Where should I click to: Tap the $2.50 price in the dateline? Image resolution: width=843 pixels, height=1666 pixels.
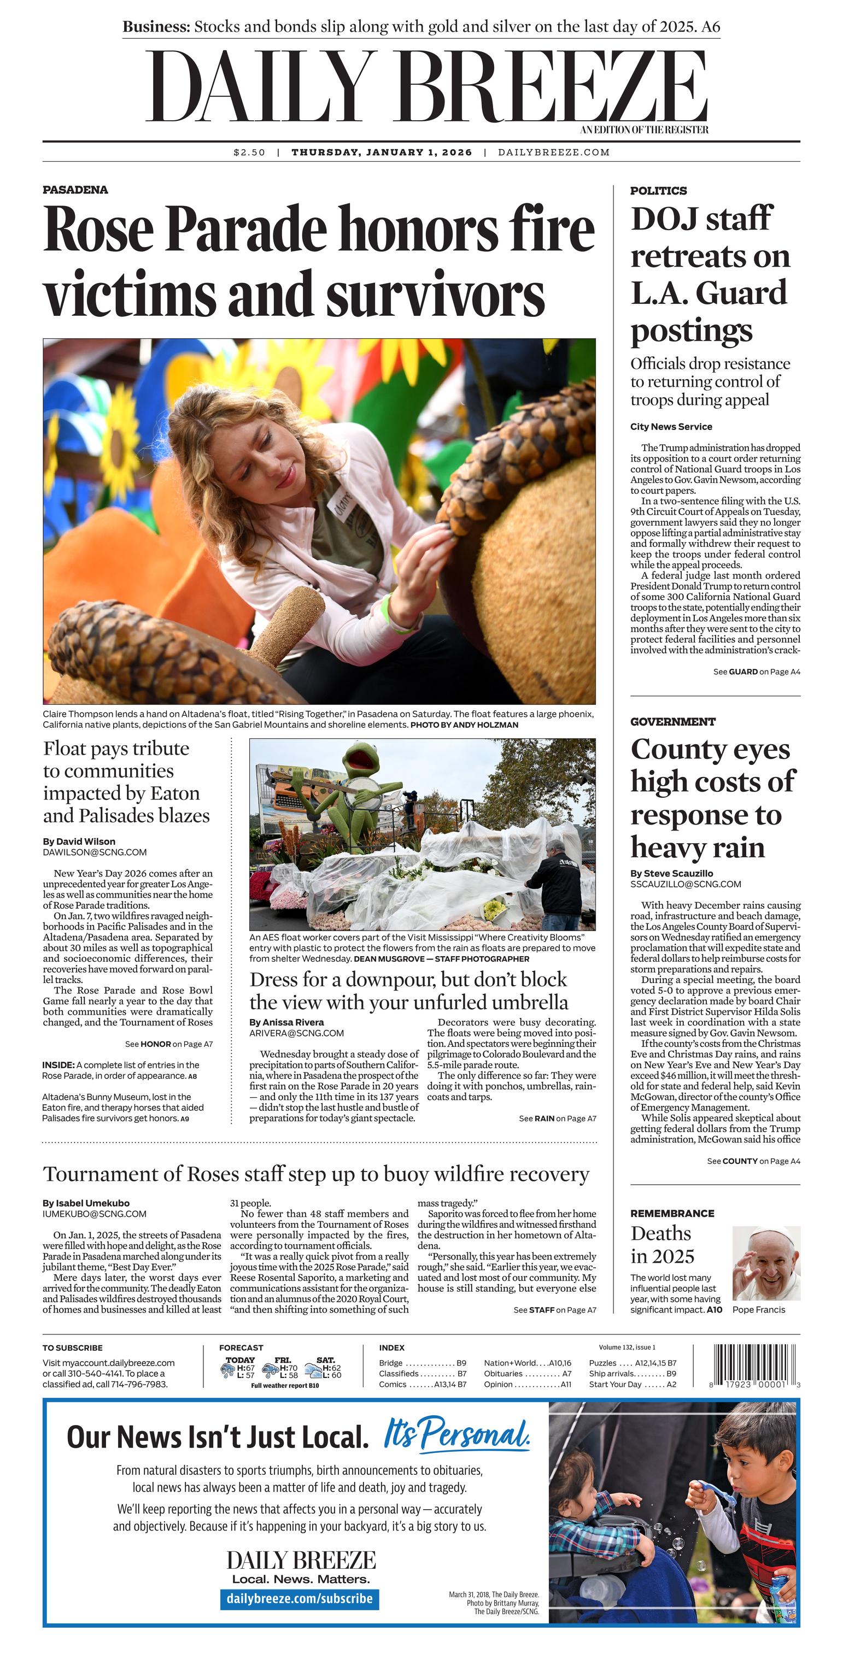pos(249,152)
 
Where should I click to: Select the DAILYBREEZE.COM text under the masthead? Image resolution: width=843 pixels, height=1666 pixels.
pos(554,152)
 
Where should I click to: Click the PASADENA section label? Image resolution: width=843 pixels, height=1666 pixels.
pos(75,190)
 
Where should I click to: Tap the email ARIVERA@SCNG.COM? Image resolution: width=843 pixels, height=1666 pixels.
pos(296,1033)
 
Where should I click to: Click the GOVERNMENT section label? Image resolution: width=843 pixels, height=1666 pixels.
pos(673,722)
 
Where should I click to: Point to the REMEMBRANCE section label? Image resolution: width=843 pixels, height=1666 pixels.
pos(672,1213)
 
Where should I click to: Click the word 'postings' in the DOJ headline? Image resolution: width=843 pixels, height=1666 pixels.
pos(691,331)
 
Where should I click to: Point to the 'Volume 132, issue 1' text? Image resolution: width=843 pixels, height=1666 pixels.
pos(627,1347)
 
